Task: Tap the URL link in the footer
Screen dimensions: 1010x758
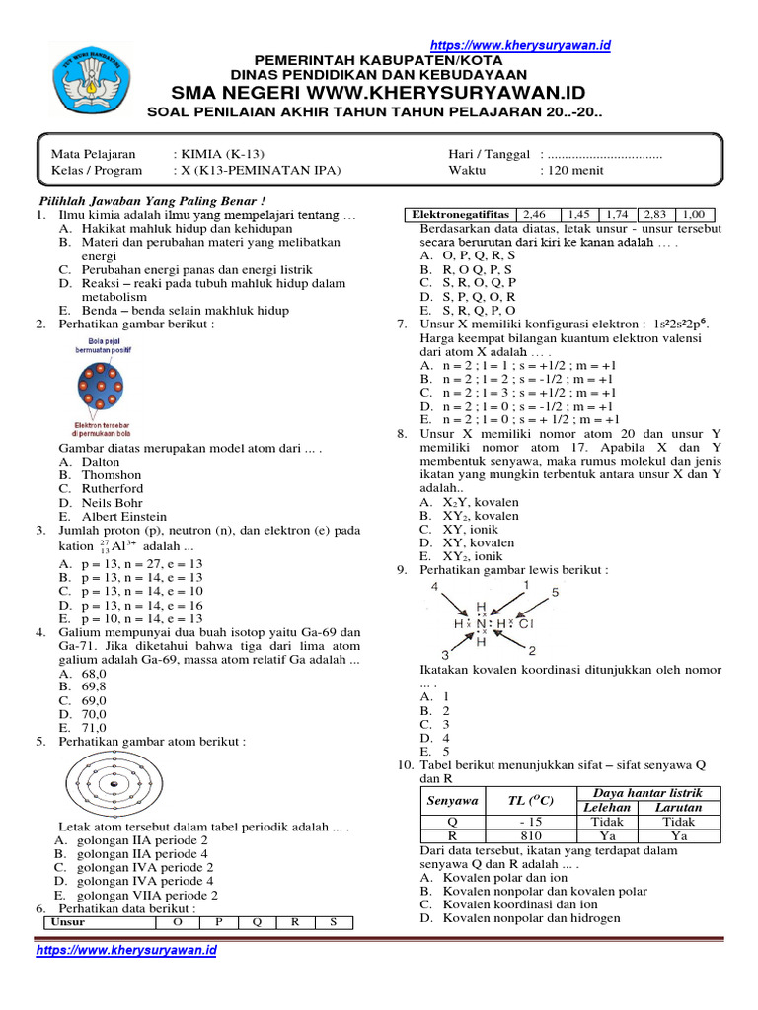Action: [x=125, y=951]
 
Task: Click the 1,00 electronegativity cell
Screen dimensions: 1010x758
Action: [x=694, y=214]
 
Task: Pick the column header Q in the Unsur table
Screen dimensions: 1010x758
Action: [x=257, y=923]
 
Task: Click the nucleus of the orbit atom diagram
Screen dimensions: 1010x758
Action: [x=114, y=784]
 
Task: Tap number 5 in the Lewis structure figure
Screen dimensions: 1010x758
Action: [x=555, y=593]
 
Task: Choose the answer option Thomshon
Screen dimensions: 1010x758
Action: [x=112, y=474]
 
